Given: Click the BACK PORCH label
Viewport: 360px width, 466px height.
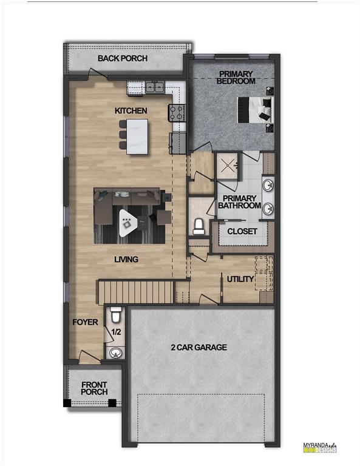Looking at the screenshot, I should coord(123,59).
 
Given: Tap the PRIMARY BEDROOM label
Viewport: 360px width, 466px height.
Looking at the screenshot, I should coord(236,78).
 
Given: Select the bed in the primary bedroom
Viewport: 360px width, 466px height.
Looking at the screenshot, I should coord(253,110).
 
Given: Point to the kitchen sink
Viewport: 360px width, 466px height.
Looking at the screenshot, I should coord(153,87).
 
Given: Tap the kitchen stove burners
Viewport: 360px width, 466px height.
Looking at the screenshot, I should coord(177,112).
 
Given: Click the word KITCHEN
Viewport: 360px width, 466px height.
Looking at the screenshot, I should coord(131,111).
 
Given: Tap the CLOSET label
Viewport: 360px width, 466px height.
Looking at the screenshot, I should coord(242,231).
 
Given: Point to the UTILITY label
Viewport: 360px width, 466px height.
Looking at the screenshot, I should coord(240,279).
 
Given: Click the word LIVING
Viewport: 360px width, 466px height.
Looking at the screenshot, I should coord(126,259).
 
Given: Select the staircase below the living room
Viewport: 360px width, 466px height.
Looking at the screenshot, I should coord(136,292).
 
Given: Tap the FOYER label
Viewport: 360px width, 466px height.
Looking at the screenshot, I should coord(85,322).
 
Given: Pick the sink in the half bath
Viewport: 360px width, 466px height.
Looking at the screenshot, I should coord(115,352).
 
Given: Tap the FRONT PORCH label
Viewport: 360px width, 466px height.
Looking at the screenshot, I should coord(95,388).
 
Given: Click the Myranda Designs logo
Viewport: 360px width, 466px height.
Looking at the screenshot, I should coord(319,448).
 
